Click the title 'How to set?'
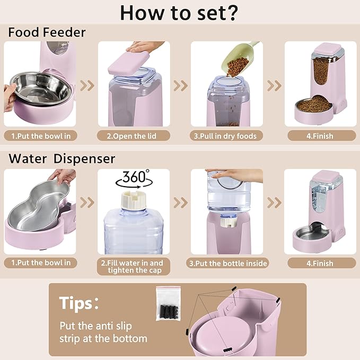tap(180, 13)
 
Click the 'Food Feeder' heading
tap(47, 33)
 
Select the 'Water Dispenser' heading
tap(62, 158)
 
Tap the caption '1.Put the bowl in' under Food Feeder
tap(41, 136)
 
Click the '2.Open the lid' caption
tap(134, 136)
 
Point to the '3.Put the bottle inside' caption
tap(228, 263)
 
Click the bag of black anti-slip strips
tap(168, 304)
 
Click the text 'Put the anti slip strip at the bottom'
tap(103, 332)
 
